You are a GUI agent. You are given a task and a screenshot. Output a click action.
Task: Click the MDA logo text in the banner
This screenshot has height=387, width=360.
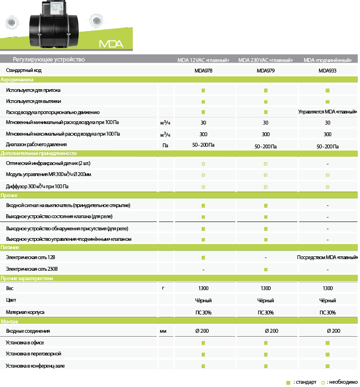pyautogui.click(x=111, y=44)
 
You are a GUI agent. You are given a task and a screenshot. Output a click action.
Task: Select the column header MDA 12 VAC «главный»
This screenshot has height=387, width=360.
pyautogui.click(x=203, y=60)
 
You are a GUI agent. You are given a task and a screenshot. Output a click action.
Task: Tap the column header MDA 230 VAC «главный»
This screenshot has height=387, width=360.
pyautogui.click(x=265, y=60)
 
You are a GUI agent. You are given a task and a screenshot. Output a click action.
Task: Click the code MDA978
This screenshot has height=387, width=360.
pyautogui.click(x=203, y=71)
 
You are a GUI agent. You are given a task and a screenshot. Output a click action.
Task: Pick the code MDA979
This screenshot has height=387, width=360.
pyautogui.click(x=265, y=71)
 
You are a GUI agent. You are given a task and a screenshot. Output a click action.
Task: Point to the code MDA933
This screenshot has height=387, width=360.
pyautogui.click(x=327, y=71)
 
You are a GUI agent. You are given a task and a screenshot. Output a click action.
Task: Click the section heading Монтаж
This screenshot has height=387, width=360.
pyautogui.click(x=9, y=322)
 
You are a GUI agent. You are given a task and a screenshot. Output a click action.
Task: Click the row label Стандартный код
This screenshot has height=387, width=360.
pyautogui.click(x=23, y=71)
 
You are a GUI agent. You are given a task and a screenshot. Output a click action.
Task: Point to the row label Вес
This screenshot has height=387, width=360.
pyautogui.click(x=9, y=288)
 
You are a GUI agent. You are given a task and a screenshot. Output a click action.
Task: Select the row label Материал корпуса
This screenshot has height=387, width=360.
pyautogui.click(x=25, y=313)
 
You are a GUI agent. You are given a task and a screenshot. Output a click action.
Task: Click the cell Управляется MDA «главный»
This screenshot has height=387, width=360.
pyautogui.click(x=327, y=112)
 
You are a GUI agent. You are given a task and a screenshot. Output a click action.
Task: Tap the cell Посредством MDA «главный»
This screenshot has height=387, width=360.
pyautogui.click(x=327, y=258)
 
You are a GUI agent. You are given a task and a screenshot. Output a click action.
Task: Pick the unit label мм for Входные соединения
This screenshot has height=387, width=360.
pyautogui.click(x=163, y=331)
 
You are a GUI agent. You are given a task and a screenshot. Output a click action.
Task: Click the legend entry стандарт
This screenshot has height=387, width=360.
pyautogui.click(x=304, y=382)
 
